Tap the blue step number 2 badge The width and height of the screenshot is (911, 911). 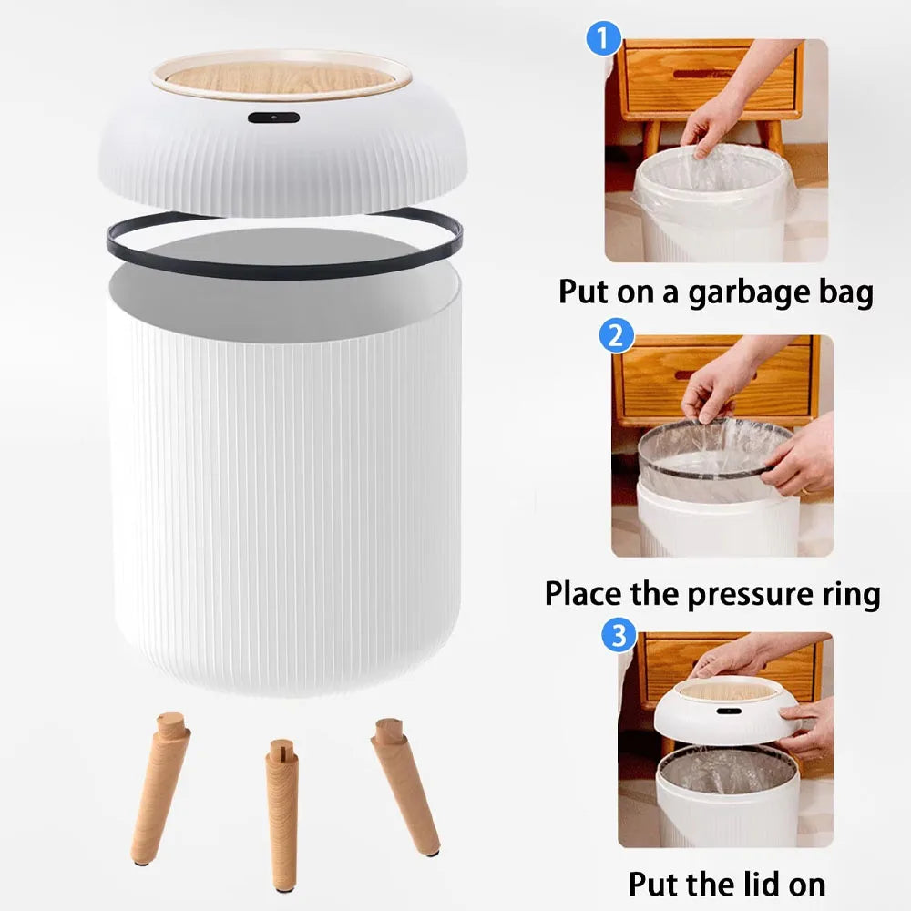(x=617, y=336)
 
